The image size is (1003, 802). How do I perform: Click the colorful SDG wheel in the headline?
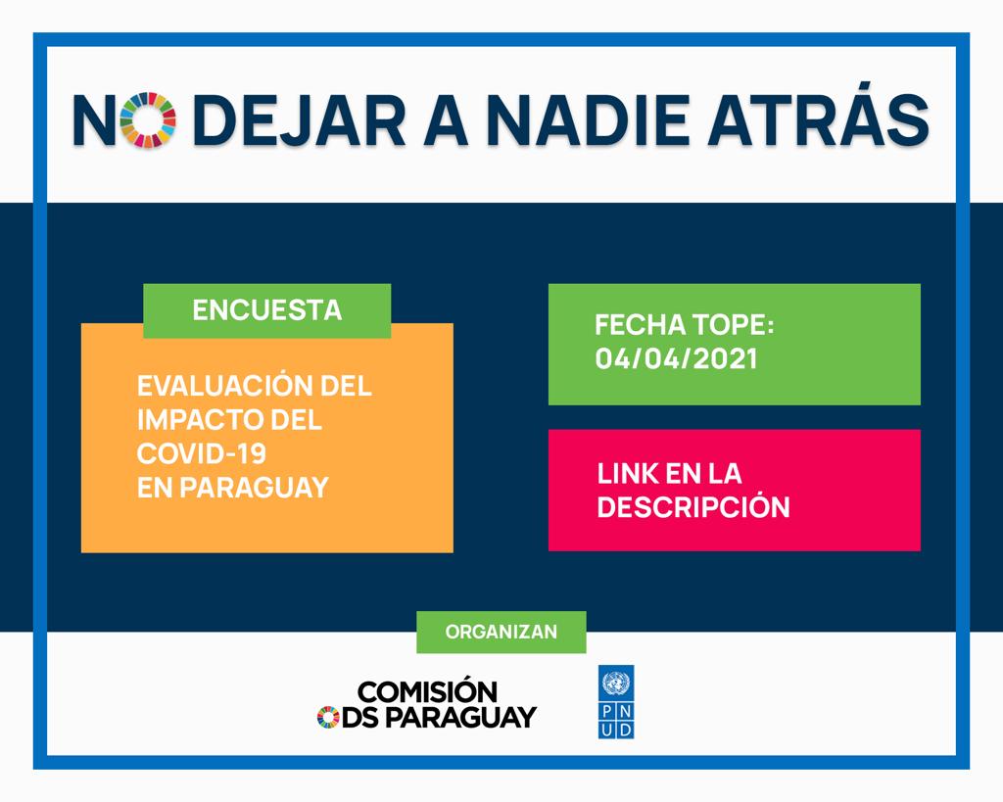[148, 119]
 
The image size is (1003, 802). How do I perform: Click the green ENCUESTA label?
[266, 310]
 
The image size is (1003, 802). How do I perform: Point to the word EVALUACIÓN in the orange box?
[219, 385]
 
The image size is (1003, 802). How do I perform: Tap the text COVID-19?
[202, 453]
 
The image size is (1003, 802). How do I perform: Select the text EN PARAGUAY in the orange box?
[233, 488]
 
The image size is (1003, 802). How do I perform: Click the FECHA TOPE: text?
[685, 324]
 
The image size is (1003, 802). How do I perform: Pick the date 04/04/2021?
[676, 358]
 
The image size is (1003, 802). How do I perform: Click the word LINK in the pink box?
[628, 473]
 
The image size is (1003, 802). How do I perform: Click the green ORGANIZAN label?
[501, 632]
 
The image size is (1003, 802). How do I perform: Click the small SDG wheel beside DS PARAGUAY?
[328, 717]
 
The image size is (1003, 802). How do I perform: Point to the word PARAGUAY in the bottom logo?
[460, 717]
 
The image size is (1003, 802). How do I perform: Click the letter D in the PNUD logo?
[625, 730]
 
